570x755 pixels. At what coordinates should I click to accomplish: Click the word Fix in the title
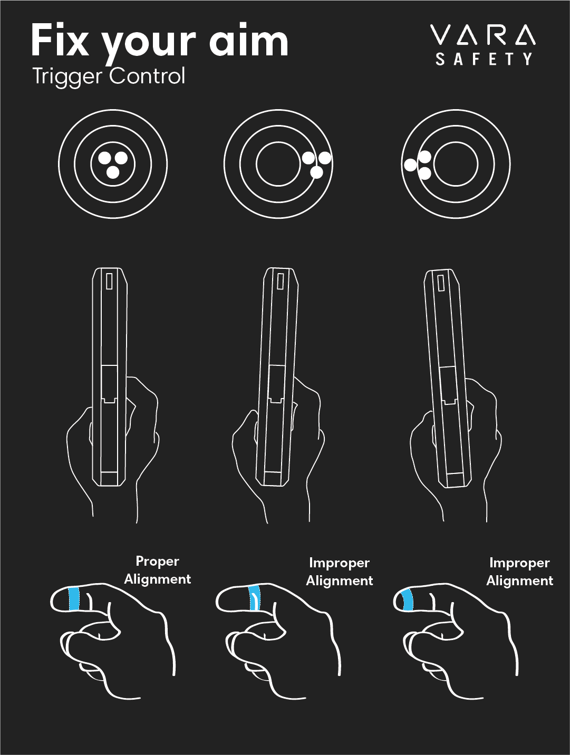(60, 41)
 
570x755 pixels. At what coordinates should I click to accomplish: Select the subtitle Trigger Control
(109, 76)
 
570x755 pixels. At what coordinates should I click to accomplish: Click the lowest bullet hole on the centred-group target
(113, 172)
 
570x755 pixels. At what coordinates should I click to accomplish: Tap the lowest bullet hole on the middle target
(316, 172)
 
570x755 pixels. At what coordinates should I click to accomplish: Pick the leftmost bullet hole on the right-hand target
(410, 165)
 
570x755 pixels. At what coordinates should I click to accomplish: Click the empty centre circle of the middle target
(278, 164)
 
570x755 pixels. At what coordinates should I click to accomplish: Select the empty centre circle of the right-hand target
(456, 164)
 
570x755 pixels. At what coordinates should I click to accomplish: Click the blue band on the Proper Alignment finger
(74, 599)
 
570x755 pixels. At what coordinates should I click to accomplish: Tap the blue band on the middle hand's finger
(255, 599)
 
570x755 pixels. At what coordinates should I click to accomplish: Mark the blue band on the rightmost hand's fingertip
(407, 601)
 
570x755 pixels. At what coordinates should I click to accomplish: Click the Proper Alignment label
(157, 570)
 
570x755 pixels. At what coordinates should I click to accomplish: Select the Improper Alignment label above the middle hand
(339, 572)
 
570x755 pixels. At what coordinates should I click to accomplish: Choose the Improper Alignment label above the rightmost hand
(519, 572)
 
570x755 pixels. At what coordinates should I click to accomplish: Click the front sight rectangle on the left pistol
(109, 281)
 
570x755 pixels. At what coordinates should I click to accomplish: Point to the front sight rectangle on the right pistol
(441, 283)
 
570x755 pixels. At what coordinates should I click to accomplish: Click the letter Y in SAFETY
(527, 59)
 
